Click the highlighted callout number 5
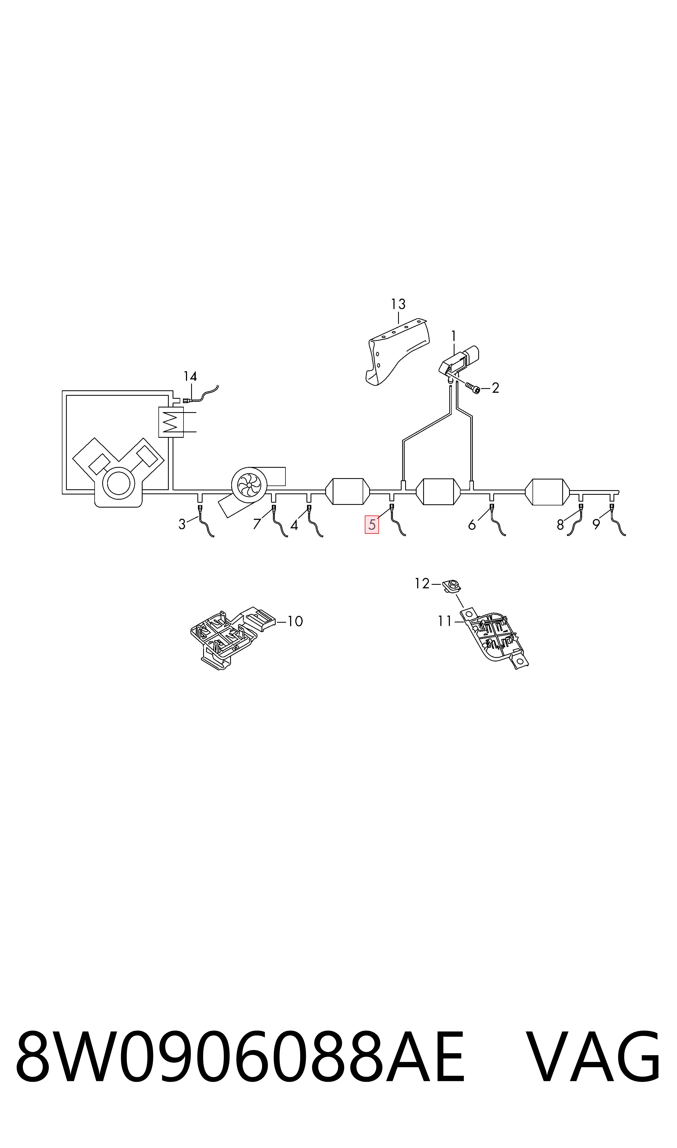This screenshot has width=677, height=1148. tap(372, 525)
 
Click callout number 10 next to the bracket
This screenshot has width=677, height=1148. tap(295, 621)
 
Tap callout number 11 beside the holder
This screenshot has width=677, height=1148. tap(445, 621)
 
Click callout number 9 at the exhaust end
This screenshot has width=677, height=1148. tap(596, 525)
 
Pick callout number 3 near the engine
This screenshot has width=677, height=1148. tap(182, 525)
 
